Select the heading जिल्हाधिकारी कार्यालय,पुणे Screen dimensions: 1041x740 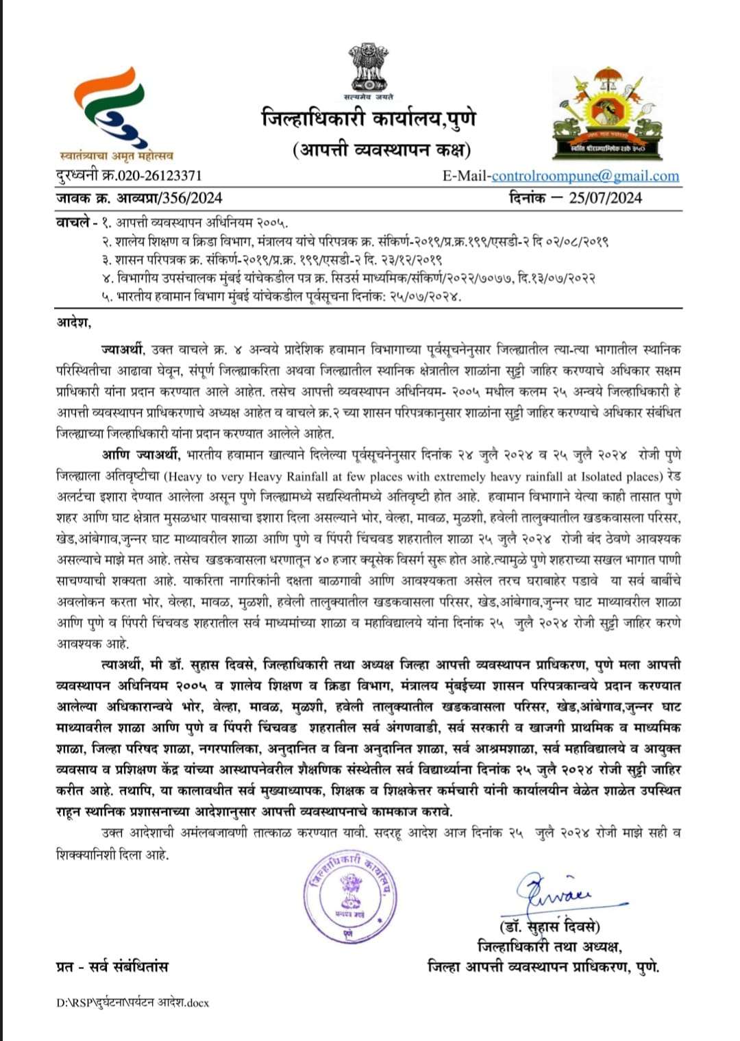pyautogui.click(x=369, y=119)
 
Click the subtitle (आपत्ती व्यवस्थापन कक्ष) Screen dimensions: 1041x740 pyautogui.click(x=381, y=149)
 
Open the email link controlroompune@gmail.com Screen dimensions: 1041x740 pyautogui.click(x=585, y=176)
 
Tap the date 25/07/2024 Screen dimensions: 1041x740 pyautogui.click(x=605, y=198)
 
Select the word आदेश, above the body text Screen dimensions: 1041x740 pyautogui.click(x=73, y=323)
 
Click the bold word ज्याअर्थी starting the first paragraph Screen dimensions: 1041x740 pyautogui.click(x=123, y=350)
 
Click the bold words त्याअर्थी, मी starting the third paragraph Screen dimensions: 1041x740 pyautogui.click(x=121, y=665)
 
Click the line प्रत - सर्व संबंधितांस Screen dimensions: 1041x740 pyautogui.click(x=112, y=966)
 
